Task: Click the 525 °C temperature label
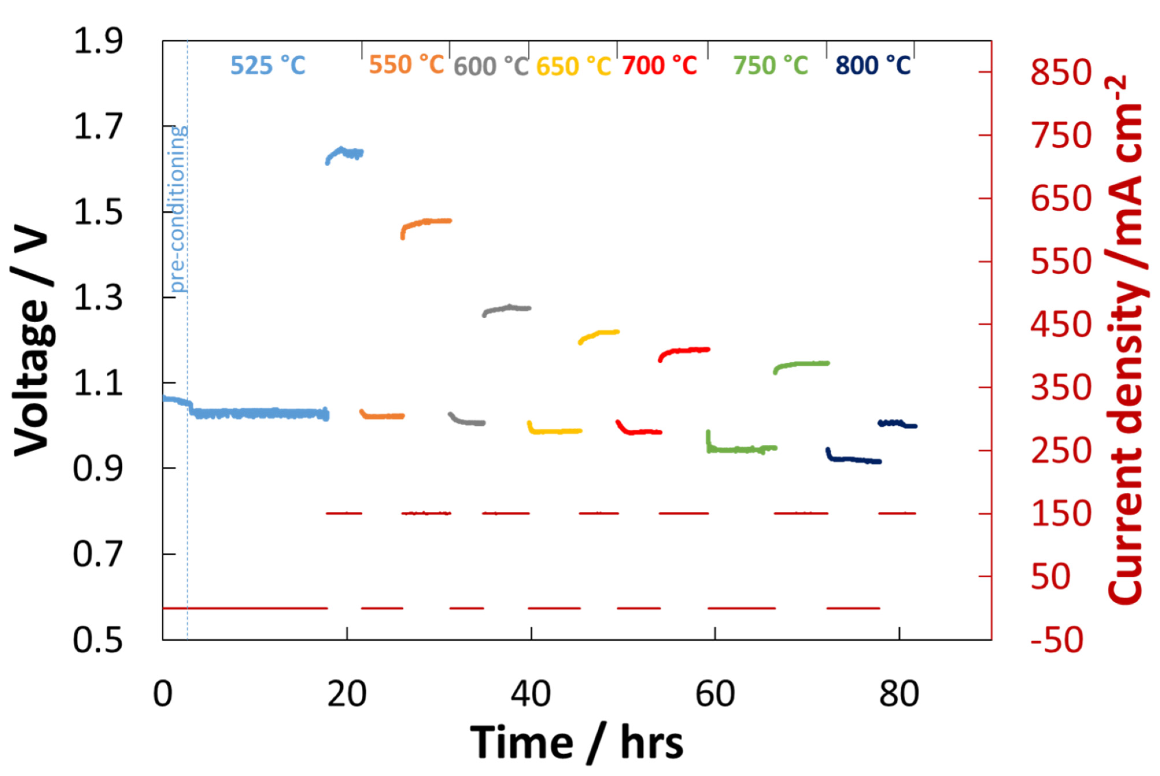pos(268,65)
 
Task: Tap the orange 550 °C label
pos(406,64)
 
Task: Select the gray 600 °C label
pos(491,66)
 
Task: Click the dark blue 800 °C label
pos(873,65)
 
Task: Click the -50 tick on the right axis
pos(1056,640)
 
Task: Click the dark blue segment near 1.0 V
pos(897,424)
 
